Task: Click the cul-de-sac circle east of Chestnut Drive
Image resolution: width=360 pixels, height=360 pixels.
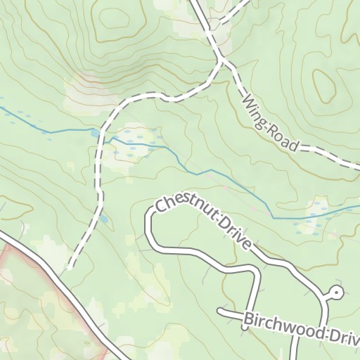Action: coord(337,292)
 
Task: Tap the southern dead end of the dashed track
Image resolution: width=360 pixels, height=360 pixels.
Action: coord(70,266)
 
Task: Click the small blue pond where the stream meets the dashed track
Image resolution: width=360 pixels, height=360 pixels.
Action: coord(95,132)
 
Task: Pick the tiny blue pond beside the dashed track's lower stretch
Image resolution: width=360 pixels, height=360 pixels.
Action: coord(105,219)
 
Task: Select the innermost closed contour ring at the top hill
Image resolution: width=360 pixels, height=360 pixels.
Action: coord(115,21)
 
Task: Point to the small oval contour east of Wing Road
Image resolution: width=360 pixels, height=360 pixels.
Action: coord(325,85)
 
